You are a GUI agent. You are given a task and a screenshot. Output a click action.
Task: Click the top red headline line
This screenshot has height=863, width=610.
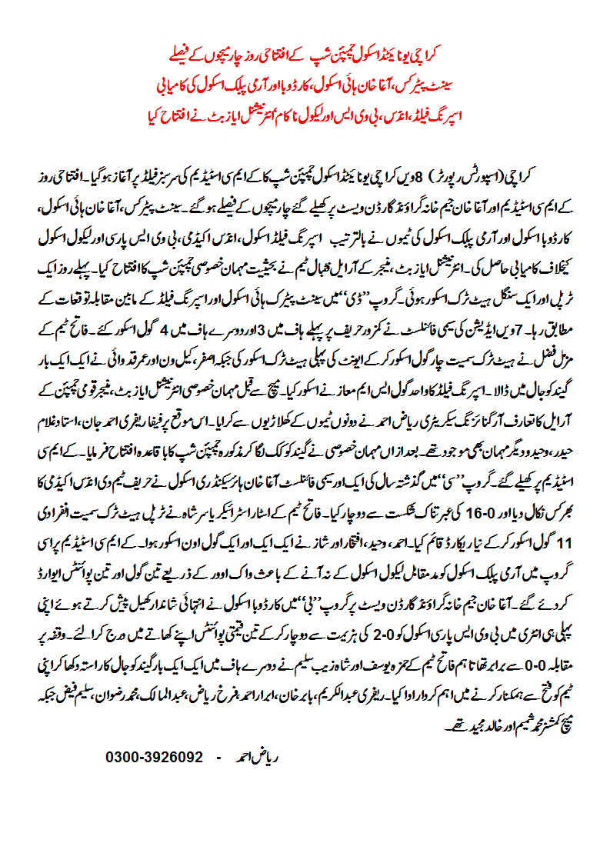pos(305,58)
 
